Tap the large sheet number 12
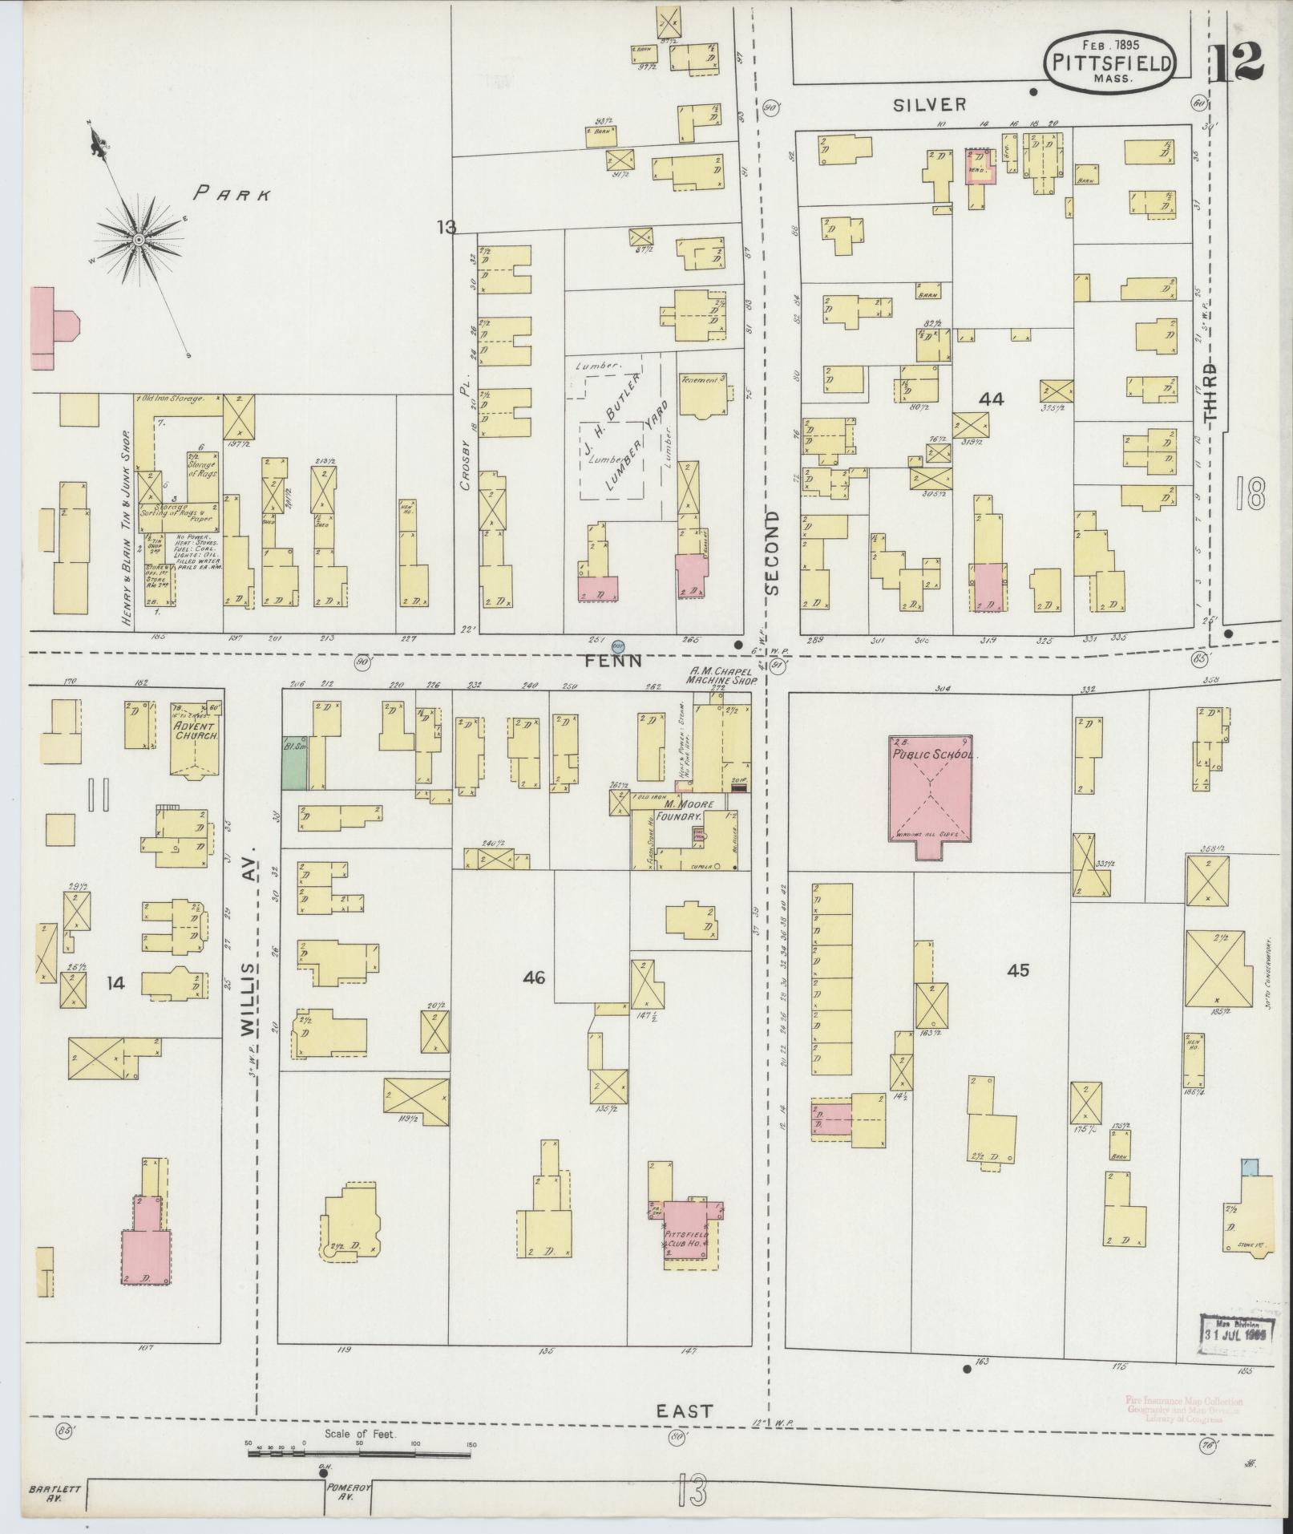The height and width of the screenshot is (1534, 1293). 1236,63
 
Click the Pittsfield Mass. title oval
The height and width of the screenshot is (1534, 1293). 1110,64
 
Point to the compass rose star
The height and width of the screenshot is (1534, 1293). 138,239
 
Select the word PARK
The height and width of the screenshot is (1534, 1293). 233,193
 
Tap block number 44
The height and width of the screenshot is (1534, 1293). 992,399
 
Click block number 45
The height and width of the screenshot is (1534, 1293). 1018,970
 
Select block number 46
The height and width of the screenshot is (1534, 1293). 535,977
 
